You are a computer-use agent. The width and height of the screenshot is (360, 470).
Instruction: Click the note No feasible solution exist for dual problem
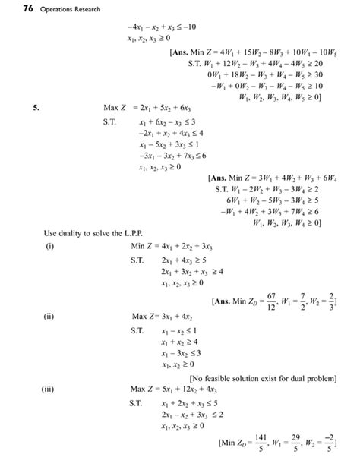pos(263,377)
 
